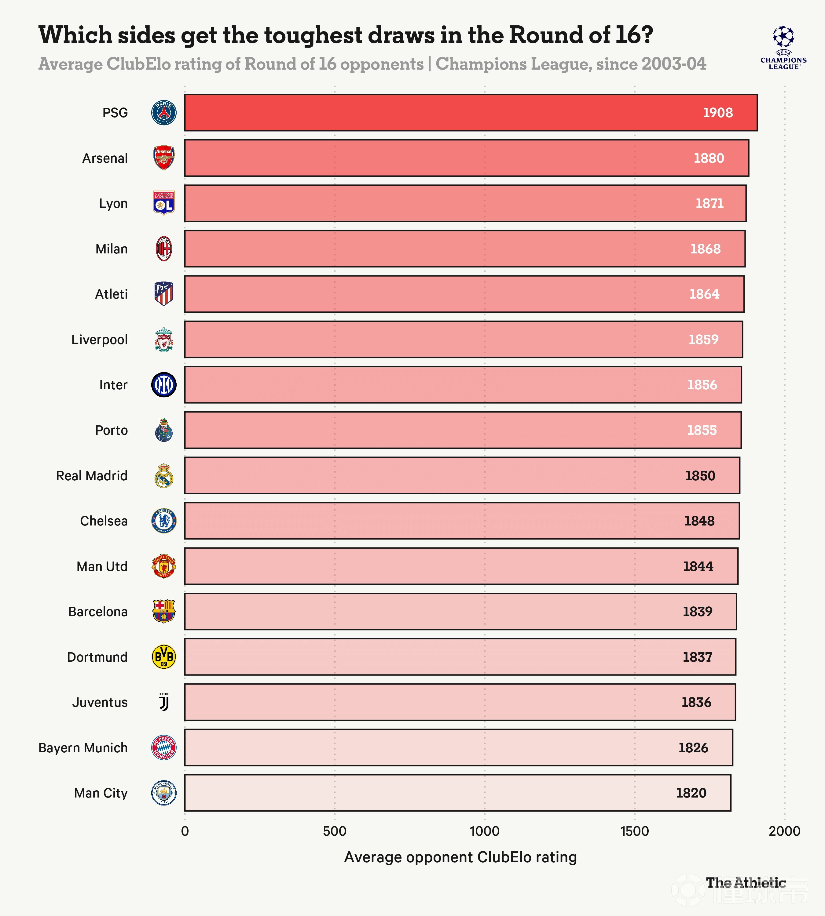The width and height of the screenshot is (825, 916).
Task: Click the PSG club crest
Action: coord(164,113)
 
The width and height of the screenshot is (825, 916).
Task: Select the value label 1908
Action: coord(717,113)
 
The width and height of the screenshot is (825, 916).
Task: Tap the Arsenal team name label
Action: coord(105,158)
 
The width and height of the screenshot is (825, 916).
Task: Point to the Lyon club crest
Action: coord(164,203)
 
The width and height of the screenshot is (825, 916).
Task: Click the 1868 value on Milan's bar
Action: coord(705,249)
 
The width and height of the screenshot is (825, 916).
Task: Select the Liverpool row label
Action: coord(99,339)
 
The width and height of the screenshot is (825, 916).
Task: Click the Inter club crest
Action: coord(164,385)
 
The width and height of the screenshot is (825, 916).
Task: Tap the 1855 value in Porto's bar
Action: coord(702,430)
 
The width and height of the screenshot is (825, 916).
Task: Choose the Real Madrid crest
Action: coord(164,475)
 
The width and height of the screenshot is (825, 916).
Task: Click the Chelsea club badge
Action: coord(164,521)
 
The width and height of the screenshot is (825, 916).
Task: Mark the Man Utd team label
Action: coord(102,566)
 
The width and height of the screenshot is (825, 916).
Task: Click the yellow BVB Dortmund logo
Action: coord(164,656)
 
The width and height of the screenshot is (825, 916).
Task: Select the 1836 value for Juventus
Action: coord(696,702)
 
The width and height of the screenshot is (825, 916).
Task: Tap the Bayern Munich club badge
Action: coord(164,747)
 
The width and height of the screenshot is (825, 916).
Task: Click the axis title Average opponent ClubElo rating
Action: coord(460,857)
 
